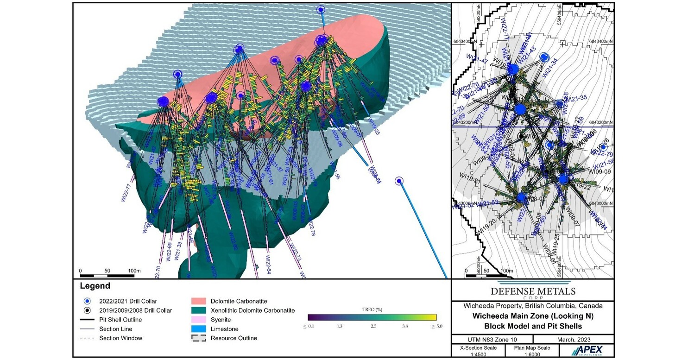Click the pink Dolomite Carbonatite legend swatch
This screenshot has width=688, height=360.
201,301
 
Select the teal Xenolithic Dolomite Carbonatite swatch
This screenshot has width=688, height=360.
201,310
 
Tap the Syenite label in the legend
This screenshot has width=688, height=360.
221,320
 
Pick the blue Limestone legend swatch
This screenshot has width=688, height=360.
201,329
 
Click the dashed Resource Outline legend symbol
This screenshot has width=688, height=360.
201,338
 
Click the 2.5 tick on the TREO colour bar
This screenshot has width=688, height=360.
373,327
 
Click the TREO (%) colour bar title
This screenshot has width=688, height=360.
372,309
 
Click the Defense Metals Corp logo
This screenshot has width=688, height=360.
532,291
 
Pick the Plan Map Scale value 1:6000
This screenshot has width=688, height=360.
526,354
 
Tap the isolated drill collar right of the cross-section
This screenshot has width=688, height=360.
399,181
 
